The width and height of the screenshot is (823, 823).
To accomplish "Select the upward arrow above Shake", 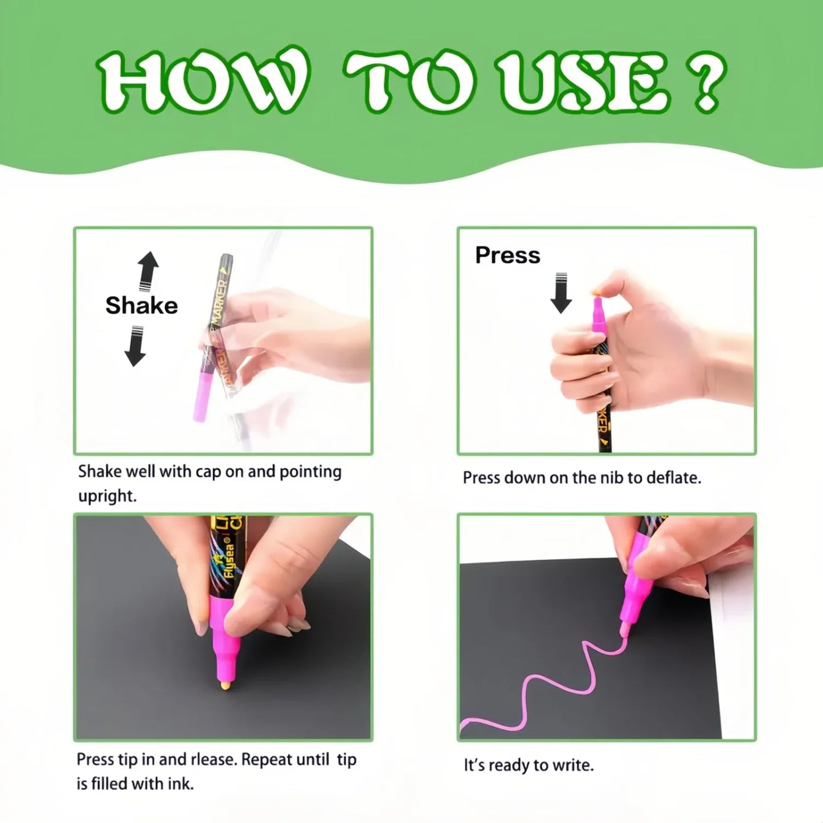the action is point(148,271).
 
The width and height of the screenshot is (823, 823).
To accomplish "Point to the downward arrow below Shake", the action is point(136,346).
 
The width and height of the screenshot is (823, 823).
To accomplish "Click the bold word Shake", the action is point(141,306).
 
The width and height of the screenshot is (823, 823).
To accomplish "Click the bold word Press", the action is point(507,255).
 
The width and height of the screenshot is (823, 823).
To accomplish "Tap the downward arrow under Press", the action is point(561,293).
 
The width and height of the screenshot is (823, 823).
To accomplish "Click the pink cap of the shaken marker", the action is point(203,396).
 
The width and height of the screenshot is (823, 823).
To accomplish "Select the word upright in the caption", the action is point(107,497).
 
